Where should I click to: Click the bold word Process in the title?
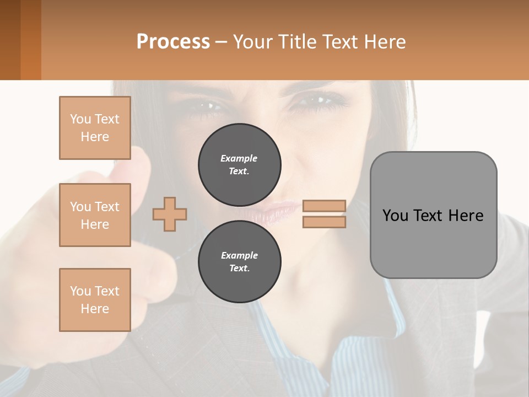(173, 41)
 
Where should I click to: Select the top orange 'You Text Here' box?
(95, 128)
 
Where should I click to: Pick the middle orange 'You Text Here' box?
(95, 215)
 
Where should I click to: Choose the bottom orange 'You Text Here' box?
(95, 300)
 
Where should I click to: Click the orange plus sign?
(170, 214)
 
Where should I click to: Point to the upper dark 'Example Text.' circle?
(240, 165)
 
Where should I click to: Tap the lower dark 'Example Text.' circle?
(240, 262)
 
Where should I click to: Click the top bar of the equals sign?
(325, 206)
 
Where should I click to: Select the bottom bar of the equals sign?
(325, 222)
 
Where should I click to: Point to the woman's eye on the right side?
(320, 100)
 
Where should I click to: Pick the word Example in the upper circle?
(239, 158)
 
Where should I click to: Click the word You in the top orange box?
(80, 119)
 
